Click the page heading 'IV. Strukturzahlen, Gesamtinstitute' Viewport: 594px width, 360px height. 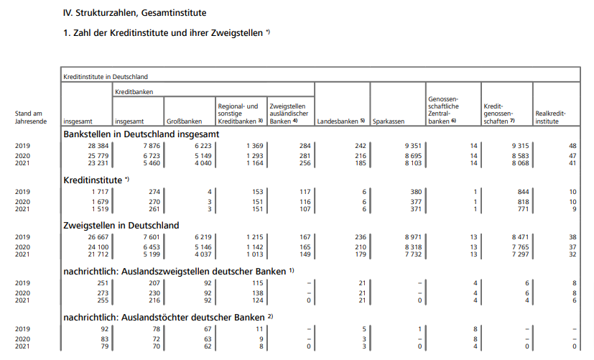135,13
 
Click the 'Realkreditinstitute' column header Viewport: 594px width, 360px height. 551,117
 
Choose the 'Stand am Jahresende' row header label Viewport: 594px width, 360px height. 32,117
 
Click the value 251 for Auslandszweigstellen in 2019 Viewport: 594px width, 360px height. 97,282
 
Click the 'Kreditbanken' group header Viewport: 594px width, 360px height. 134,92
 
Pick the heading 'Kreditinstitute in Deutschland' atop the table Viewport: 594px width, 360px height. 106,75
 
